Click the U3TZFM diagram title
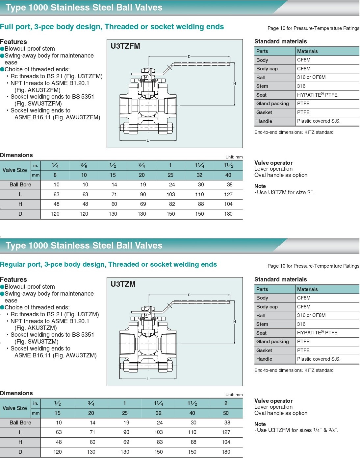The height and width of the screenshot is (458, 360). [125, 46]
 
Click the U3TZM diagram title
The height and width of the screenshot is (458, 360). [123, 284]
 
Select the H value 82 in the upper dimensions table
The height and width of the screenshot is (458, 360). [172, 204]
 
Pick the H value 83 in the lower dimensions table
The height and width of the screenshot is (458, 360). [159, 442]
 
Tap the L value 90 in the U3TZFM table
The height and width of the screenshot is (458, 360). [143, 195]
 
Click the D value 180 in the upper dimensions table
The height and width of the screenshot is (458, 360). [228, 214]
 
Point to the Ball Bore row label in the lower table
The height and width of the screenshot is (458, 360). [20, 423]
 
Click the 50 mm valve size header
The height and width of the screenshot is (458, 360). [226, 413]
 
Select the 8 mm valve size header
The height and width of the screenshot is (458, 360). [55, 175]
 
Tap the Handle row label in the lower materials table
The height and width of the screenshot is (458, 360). [264, 359]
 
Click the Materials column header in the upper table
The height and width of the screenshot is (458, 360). [307, 51]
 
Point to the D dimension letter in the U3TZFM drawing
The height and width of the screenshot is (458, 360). [189, 57]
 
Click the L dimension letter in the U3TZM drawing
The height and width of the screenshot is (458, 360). [148, 379]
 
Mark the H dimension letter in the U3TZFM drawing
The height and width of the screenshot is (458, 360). [235, 84]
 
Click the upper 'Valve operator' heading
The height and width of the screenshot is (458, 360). [273, 163]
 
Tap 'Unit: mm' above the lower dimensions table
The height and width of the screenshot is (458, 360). [234, 395]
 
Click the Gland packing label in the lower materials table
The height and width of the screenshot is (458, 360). [272, 342]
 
